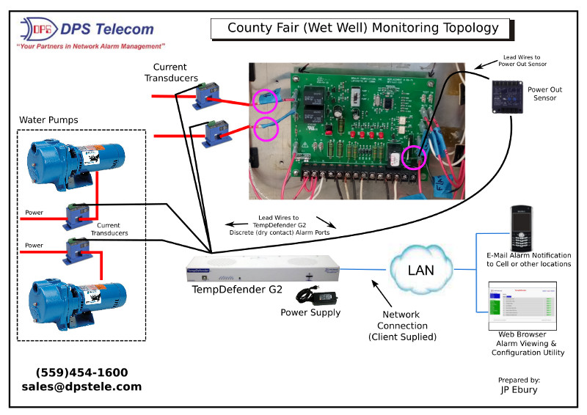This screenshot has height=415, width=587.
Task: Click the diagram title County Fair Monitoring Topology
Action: [x=362, y=28]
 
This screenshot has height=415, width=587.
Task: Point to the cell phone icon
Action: [x=520, y=228]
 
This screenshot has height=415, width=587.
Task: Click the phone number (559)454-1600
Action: [x=81, y=372]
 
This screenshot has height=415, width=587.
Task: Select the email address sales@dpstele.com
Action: [x=81, y=386]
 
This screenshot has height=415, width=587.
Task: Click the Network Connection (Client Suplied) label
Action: [x=402, y=326]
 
